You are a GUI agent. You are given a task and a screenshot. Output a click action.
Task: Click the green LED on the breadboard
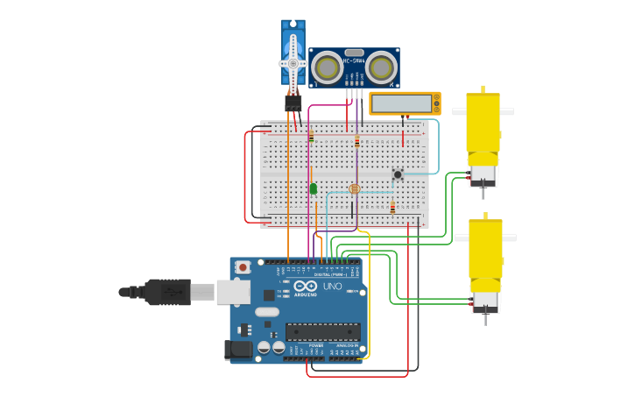[x=314, y=188]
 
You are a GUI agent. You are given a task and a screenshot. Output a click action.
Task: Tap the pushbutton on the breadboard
[x=398, y=174]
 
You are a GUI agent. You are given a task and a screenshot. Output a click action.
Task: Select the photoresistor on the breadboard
[x=355, y=188]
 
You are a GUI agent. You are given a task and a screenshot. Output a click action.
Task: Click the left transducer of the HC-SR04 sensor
[x=328, y=67]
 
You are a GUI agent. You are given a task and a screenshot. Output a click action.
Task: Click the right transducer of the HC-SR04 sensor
[x=381, y=67]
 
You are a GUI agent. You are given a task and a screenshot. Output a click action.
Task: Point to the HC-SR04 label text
[x=354, y=60]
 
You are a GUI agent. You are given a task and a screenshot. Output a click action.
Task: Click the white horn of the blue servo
[x=293, y=63]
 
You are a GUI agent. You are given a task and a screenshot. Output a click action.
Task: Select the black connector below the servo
[x=293, y=103]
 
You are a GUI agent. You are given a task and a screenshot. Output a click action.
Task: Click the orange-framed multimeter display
[x=404, y=103]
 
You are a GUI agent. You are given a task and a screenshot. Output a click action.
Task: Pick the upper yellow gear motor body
[x=483, y=123]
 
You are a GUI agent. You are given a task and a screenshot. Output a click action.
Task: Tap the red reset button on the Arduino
[x=243, y=266]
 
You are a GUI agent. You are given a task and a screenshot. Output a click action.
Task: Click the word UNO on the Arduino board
[x=333, y=287]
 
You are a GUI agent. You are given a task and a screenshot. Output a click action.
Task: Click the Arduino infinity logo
[x=306, y=287]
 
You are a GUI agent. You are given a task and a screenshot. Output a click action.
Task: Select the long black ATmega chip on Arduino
[x=322, y=332]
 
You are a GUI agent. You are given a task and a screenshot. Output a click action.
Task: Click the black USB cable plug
[x=166, y=292]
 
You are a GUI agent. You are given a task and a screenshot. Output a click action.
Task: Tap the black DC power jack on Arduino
[x=237, y=350]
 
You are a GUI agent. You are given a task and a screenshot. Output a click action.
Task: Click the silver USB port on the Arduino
[x=232, y=292]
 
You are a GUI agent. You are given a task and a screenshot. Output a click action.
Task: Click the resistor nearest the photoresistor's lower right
[x=392, y=208]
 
